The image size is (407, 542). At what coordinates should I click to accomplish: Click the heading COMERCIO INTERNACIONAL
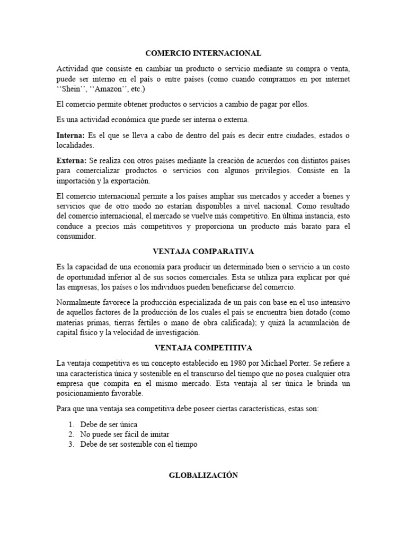(x=203, y=53)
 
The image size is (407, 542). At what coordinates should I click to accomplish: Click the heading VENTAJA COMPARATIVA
(x=203, y=251)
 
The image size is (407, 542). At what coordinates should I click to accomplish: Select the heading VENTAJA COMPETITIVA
(x=203, y=348)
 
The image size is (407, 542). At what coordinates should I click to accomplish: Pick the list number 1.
(x=72, y=424)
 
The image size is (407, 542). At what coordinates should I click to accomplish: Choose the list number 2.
(x=72, y=435)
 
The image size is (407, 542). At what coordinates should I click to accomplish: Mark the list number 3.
(x=72, y=445)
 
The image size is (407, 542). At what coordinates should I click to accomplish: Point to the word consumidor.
(x=76, y=237)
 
